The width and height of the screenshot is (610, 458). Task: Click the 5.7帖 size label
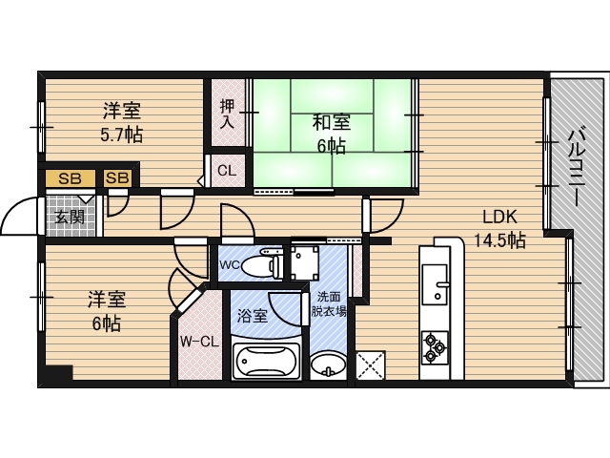click(121, 135)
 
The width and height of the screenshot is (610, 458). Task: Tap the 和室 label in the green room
click(332, 122)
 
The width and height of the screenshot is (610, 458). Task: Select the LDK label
click(499, 217)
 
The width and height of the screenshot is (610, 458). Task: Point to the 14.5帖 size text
click(499, 240)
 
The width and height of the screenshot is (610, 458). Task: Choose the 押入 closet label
click(227, 114)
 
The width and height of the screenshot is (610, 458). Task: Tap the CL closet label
click(227, 171)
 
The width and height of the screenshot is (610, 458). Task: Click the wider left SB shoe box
click(71, 178)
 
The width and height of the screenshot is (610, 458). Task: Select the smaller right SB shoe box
click(117, 178)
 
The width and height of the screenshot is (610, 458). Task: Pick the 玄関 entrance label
click(70, 217)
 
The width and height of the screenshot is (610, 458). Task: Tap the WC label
click(230, 265)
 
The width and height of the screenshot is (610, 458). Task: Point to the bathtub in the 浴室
click(267, 361)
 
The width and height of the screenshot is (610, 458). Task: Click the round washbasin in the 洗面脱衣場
click(328, 364)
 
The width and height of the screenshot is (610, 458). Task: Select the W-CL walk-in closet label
click(199, 342)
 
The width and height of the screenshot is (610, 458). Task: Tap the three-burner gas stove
click(435, 346)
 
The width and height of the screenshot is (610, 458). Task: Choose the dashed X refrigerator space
click(371, 365)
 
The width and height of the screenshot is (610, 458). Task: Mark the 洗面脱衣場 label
click(329, 304)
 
